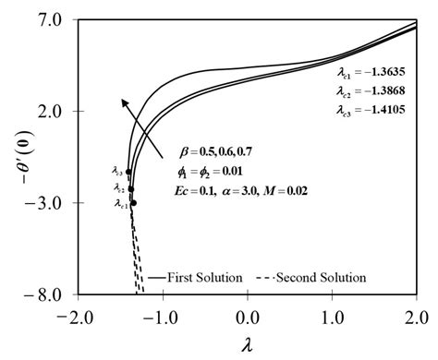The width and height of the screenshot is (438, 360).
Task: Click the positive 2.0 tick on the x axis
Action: click(x=417, y=316)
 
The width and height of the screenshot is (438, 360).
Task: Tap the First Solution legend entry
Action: click(x=200, y=277)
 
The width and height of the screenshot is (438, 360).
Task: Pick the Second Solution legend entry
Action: click(x=320, y=277)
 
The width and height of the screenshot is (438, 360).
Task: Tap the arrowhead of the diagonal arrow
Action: click(x=124, y=100)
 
